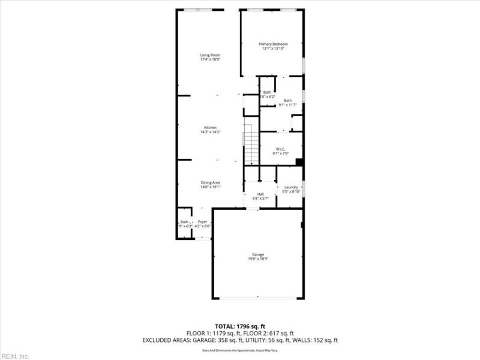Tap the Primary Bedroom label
[273, 44]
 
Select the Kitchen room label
[210, 127]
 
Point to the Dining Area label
[210, 182]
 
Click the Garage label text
[258, 254]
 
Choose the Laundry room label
[291, 187]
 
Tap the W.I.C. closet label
[280, 149]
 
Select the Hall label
[260, 194]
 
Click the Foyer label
[203, 222]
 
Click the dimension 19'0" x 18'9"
[258, 259]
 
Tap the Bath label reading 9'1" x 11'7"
[288, 100]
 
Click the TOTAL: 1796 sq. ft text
[239, 326]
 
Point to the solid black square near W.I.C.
[299, 161]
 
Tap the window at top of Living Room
[197, 9]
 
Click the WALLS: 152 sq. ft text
[313, 340]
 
